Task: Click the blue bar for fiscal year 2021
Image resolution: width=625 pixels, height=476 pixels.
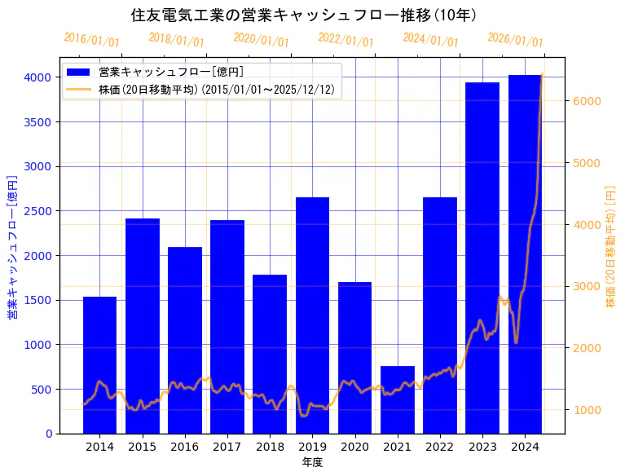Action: tap(397, 399)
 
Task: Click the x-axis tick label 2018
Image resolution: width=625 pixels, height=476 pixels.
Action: tap(270, 447)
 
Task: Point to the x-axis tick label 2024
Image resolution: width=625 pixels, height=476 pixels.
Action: tap(525, 447)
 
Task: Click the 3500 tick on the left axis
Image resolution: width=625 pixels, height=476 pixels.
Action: tap(37, 122)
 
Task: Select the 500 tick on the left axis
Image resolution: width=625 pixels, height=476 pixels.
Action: tap(41, 390)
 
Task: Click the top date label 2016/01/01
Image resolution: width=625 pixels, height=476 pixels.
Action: tap(91, 40)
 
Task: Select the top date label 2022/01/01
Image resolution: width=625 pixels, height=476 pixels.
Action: tap(346, 40)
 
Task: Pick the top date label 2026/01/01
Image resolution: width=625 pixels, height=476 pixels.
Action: tap(515, 40)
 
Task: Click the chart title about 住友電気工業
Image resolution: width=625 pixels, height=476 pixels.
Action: tap(304, 15)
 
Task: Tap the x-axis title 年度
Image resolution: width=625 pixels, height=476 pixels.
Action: tap(312, 462)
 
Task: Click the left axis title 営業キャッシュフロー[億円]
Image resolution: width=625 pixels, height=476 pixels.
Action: tap(12, 246)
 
